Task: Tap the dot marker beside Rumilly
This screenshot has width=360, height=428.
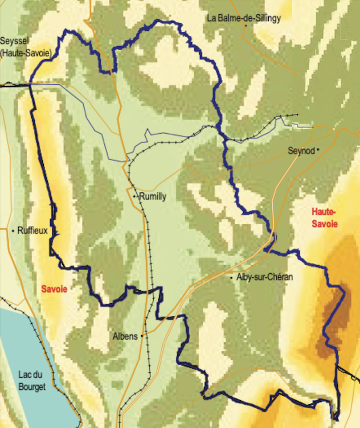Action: tap(134, 196)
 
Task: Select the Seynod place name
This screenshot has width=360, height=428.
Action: tap(301, 150)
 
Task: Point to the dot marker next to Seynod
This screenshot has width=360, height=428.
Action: tap(318, 150)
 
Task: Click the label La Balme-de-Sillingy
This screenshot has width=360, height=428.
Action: tap(244, 18)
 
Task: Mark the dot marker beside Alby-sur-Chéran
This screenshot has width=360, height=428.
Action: tap(231, 278)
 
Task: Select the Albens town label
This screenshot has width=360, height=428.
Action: tap(125, 336)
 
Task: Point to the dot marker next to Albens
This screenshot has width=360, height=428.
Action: tap(142, 336)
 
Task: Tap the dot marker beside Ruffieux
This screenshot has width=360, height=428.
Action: tap(13, 231)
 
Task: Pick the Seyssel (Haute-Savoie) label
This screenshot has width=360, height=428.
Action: tap(26, 47)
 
